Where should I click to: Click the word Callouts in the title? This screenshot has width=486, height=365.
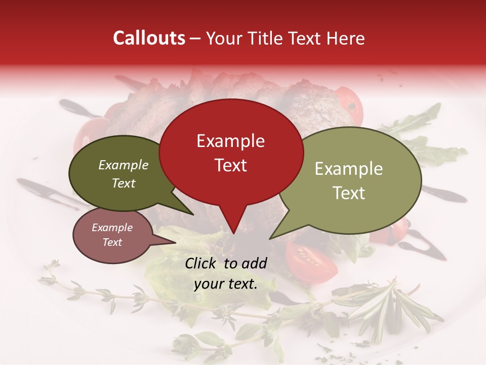click(x=149, y=38)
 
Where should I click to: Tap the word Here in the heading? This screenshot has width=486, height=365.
click(x=345, y=39)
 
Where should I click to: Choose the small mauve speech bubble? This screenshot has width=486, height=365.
click(x=112, y=235)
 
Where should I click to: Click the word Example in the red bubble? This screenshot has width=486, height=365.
click(x=230, y=141)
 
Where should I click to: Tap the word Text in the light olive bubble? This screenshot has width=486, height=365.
click(x=349, y=193)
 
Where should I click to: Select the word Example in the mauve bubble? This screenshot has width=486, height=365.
click(x=112, y=228)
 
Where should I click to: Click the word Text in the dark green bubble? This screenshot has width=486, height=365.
click(x=123, y=183)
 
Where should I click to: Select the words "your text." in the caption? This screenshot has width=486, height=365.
click(x=226, y=284)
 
